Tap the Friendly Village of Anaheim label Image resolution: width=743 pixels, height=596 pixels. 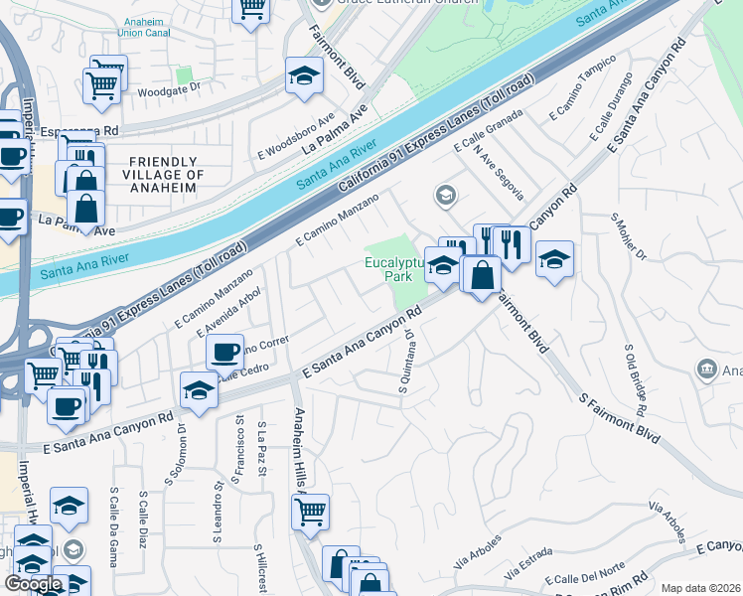point(167,175)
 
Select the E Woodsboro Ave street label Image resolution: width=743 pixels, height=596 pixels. point(296,137)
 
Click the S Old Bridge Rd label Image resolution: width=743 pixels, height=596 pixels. point(637,380)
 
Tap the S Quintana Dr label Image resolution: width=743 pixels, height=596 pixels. point(407,362)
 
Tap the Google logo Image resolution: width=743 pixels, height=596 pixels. point(33,584)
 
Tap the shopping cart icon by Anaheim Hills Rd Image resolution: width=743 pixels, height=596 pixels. point(311,512)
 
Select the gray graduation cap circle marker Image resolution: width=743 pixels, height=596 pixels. point(445,194)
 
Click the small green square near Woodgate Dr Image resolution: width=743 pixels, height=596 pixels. point(182,74)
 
